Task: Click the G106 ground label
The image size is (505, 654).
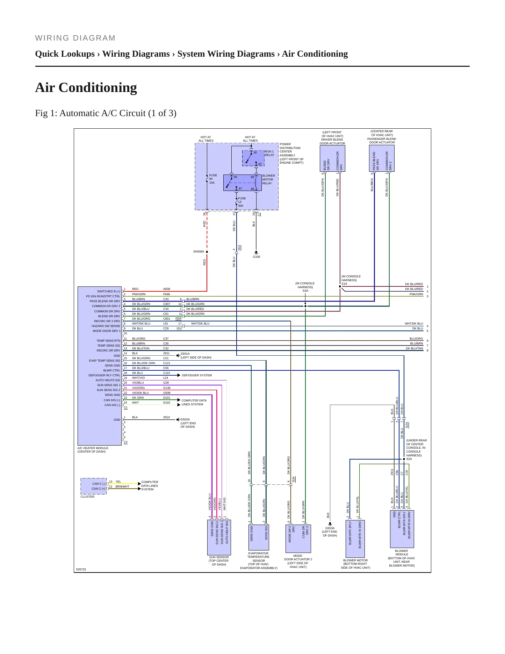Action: (257, 257)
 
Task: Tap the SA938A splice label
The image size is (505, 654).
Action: (199, 251)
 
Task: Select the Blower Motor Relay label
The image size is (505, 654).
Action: (268, 179)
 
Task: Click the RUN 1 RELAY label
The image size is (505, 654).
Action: (269, 153)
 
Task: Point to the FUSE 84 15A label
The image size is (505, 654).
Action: (213, 179)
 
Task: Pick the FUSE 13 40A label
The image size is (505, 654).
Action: (242, 202)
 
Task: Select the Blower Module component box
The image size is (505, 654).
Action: (402, 529)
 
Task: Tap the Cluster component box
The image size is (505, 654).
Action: (93, 486)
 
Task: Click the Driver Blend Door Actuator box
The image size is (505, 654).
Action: (332, 158)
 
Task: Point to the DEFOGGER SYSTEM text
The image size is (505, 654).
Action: (197, 375)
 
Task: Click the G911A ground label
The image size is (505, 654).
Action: (185, 354)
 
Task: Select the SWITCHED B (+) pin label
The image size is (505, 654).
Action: (109, 291)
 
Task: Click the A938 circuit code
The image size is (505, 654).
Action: (167, 289)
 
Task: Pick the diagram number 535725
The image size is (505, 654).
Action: (81, 569)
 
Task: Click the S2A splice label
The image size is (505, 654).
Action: (409, 459)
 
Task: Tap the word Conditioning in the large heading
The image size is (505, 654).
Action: (98, 87)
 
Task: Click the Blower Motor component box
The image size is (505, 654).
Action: (355, 539)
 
